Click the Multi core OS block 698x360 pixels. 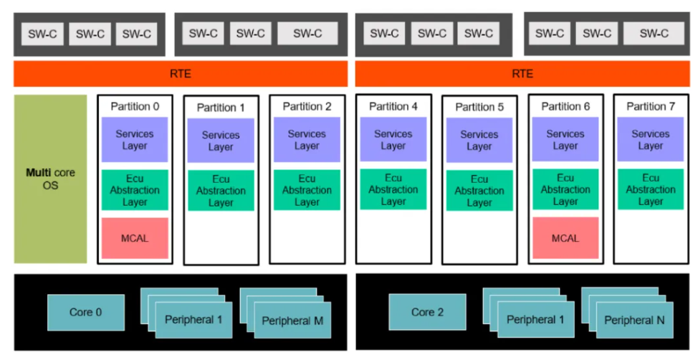(50, 179)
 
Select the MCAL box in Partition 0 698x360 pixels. (135, 238)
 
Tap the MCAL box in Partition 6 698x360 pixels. (565, 238)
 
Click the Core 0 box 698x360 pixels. (86, 313)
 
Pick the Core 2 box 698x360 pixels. (427, 312)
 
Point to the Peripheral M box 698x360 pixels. (292, 321)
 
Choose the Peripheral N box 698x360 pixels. (634, 320)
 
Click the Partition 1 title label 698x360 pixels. (221, 108)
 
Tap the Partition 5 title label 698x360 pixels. (479, 108)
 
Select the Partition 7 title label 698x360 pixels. (651, 106)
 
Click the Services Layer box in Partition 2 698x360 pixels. (307, 139)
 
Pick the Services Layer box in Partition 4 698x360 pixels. (393, 139)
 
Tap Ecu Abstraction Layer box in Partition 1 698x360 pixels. (221, 191)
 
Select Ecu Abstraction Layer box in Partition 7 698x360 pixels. (651, 189)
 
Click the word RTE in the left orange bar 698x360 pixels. (181, 74)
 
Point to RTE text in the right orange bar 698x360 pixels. (522, 74)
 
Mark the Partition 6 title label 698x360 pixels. (565, 106)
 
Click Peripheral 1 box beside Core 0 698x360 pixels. (193, 320)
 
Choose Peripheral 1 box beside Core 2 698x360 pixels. (535, 319)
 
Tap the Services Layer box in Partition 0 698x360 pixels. (135, 139)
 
